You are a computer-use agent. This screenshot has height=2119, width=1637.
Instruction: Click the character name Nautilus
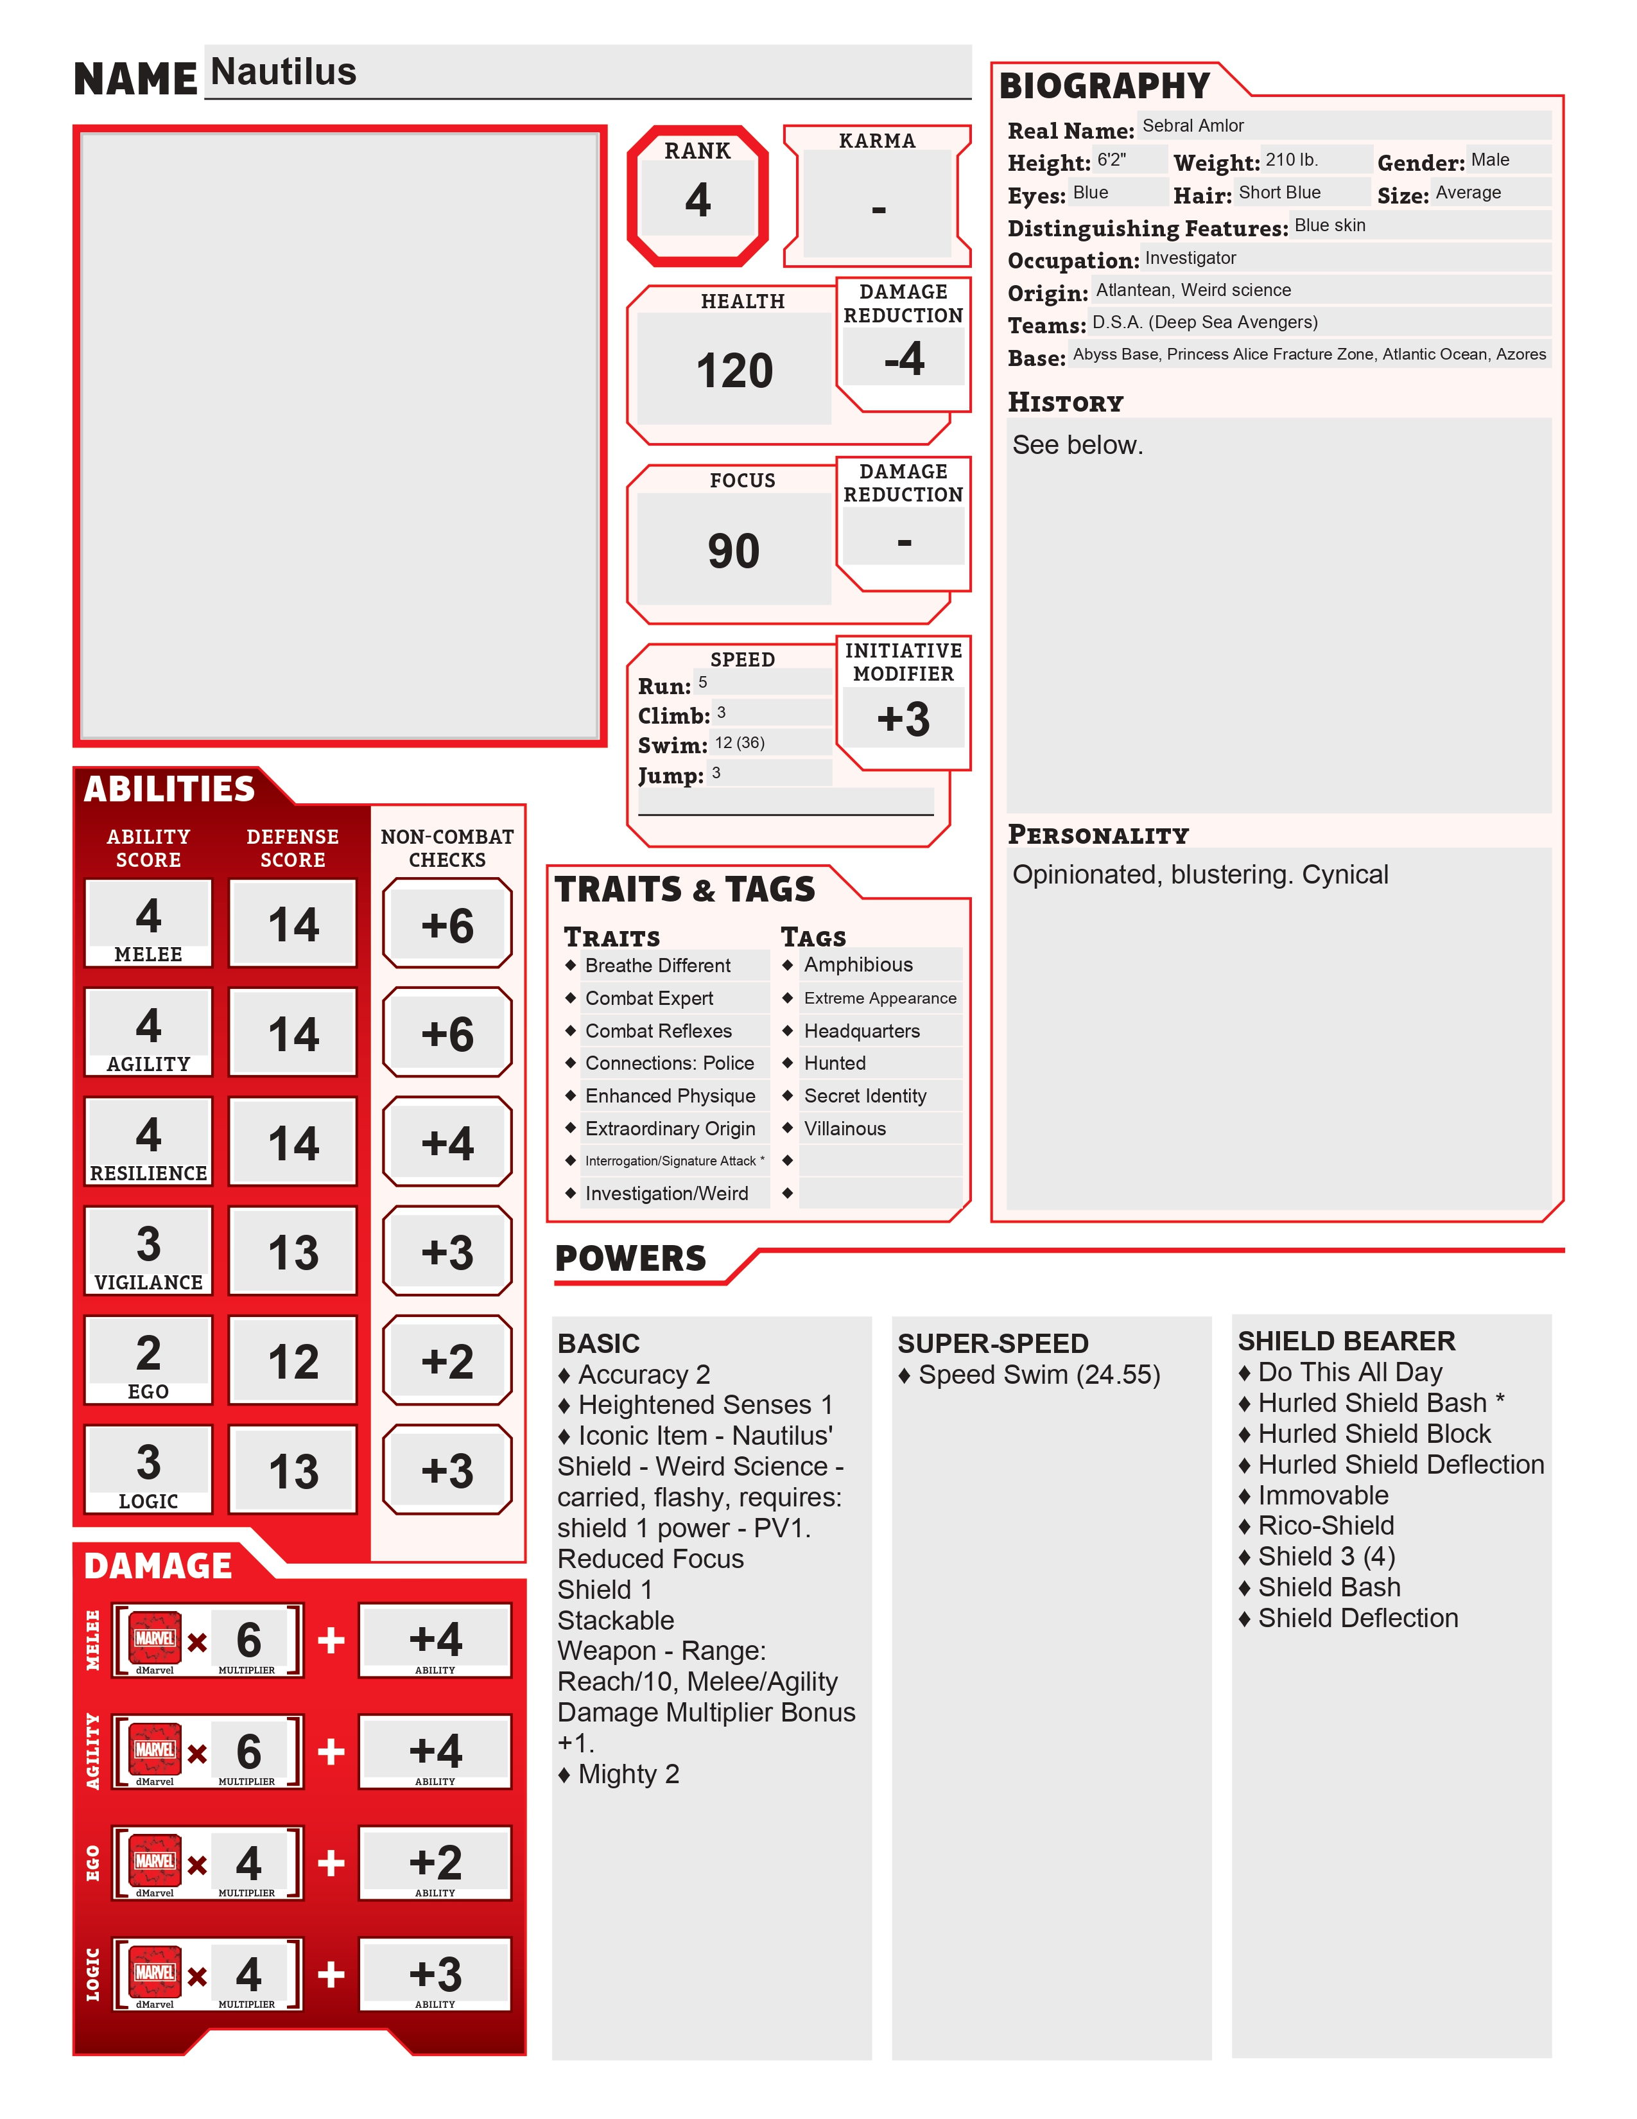coord(283,73)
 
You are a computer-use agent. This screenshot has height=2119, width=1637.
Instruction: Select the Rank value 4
coord(697,200)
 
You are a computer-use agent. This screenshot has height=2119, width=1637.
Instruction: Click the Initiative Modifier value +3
coord(903,720)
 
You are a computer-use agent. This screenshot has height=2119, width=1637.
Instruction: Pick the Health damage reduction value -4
coord(904,359)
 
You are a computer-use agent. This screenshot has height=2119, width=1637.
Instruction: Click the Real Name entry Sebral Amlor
coord(1192,126)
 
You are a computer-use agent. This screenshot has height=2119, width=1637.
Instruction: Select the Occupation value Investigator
coord(1190,258)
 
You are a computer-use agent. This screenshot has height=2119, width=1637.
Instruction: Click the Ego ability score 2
coord(148,1352)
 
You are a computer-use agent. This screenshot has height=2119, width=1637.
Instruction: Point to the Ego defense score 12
coord(293,1362)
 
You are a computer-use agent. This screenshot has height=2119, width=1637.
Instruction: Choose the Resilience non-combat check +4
coord(447,1144)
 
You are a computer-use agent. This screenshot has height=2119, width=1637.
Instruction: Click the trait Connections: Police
coord(669,1063)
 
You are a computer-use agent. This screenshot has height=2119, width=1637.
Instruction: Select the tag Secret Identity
coord(865,1096)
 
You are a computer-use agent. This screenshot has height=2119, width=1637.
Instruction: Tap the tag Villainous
coord(845,1128)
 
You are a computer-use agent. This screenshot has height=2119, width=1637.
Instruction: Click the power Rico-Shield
coord(1326,1526)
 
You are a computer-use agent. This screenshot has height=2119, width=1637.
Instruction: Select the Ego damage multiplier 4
coord(248,1863)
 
